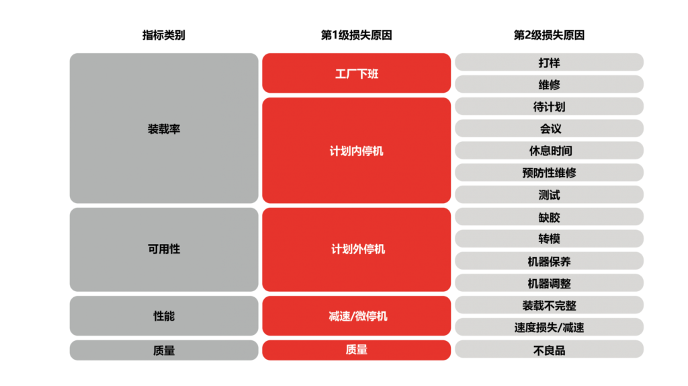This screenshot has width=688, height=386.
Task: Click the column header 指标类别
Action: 164,35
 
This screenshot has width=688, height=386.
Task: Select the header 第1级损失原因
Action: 356,35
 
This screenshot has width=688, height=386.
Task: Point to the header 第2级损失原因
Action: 549,35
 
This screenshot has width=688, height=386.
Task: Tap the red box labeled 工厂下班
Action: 356,73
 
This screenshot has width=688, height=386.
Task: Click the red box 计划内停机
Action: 356,151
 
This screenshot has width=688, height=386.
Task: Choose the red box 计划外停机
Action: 356,249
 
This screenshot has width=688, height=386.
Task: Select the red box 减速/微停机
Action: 356,316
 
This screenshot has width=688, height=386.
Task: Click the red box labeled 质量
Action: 356,350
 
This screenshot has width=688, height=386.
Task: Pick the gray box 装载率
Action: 164,128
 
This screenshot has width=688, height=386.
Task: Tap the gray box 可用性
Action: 164,249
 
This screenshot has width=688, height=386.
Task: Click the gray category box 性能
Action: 164,316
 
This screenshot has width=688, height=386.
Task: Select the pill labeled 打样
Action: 549,63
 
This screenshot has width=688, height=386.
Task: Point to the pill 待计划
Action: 549,106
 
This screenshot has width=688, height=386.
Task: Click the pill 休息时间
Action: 549,151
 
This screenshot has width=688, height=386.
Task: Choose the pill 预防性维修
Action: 549,173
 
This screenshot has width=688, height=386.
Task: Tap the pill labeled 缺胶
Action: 549,217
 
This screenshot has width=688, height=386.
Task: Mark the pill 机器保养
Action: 549,261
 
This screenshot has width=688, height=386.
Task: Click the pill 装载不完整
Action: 549,305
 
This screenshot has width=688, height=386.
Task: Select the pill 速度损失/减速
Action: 549,327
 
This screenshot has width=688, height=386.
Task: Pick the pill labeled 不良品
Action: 549,350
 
